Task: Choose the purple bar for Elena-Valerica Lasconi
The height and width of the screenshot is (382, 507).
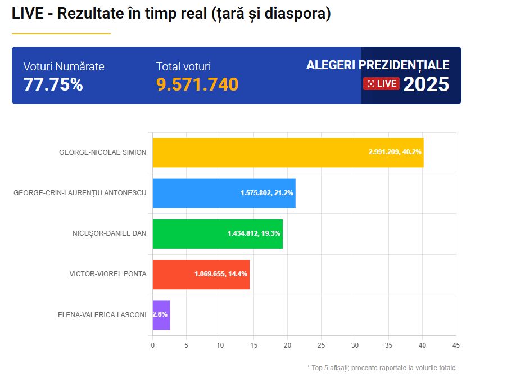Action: coord(161,315)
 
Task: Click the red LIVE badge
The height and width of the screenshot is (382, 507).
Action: coord(382,84)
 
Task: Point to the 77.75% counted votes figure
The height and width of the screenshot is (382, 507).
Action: coord(53,84)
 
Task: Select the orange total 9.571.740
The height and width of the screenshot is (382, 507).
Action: coord(197,84)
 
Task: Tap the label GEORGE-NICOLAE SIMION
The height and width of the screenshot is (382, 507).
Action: coord(103,152)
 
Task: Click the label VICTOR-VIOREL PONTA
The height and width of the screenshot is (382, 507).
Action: coord(108,274)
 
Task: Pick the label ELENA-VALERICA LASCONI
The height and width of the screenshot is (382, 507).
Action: coord(102,315)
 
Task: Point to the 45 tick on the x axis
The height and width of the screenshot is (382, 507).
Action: coord(456,345)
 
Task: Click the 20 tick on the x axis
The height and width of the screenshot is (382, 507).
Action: coord(287,345)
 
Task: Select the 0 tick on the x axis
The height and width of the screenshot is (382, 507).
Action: coord(152,345)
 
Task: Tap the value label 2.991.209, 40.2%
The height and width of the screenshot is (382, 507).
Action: coord(395,152)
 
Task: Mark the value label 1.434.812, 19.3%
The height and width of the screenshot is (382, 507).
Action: coord(254,233)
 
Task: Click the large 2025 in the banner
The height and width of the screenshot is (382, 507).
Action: coord(426,84)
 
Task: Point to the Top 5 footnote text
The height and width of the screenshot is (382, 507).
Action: coord(381,368)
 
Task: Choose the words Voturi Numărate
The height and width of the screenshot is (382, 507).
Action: coord(64,66)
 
